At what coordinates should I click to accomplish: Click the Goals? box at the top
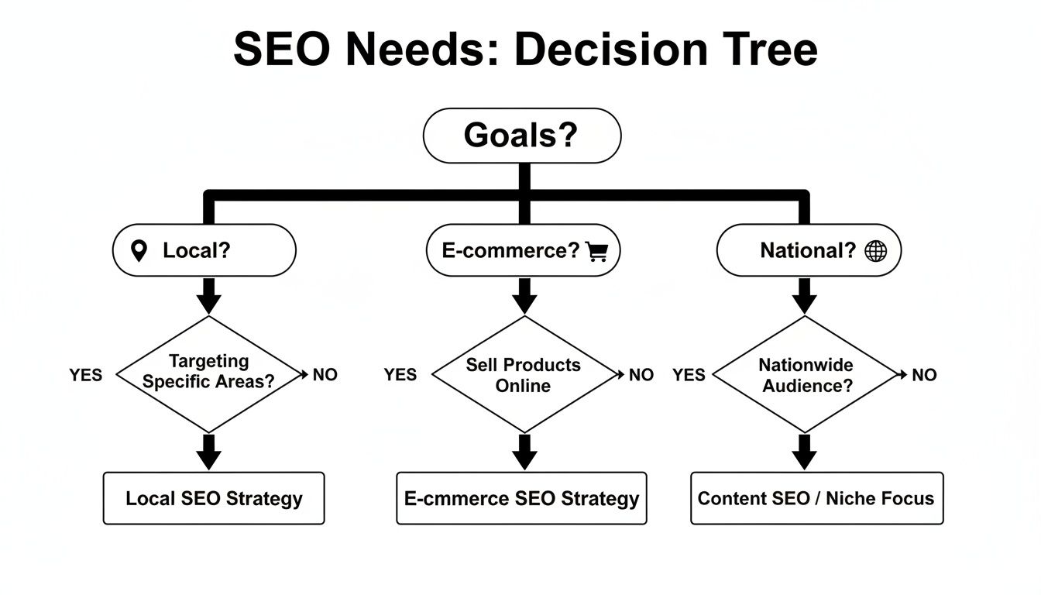point(521,136)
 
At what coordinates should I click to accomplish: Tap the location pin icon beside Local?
point(139,250)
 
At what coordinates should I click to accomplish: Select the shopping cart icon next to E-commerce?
point(596,251)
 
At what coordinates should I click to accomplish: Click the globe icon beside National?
point(875,251)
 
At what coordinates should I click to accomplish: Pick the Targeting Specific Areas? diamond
point(208,373)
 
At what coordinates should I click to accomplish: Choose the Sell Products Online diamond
point(524,374)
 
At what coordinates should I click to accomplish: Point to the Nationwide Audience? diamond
point(806,374)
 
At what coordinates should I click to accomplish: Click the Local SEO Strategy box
point(214,498)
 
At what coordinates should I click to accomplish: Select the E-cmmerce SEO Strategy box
point(521,498)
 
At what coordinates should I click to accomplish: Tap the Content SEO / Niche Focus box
point(816,498)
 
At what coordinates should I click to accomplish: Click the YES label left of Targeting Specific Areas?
point(85,375)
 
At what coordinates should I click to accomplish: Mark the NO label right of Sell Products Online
point(641,375)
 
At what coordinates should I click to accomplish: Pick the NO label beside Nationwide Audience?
point(924,375)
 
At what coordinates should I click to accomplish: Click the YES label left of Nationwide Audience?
point(689,375)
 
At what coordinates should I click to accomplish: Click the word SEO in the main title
point(283,50)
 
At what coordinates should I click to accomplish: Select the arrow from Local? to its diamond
point(208,296)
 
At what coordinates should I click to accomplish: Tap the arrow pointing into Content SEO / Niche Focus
point(805,452)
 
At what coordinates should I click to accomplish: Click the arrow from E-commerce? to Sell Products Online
point(524,296)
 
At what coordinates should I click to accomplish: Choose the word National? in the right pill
point(807,251)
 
